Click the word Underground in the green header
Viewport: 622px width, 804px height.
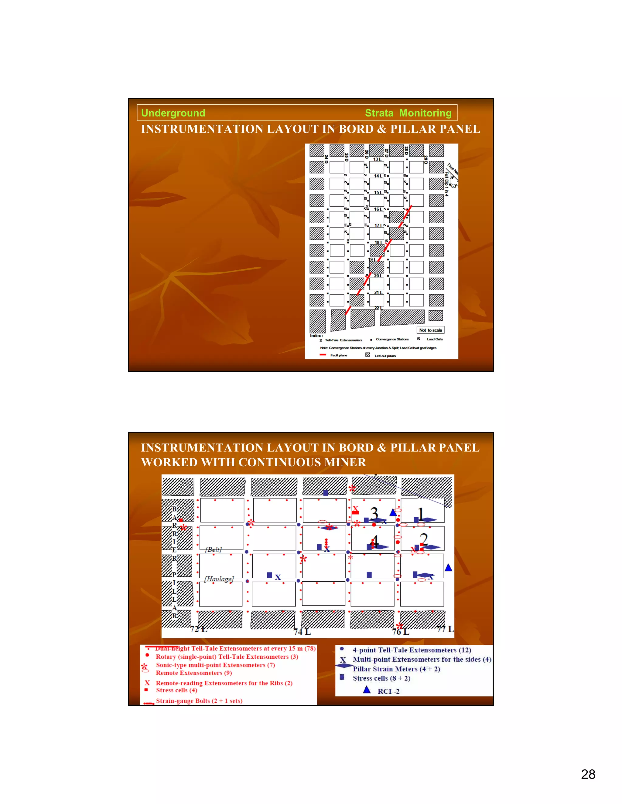(173, 113)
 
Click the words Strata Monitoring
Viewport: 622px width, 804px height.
(408, 113)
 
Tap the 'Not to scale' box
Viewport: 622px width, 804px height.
(430, 330)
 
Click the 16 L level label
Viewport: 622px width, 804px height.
(378, 209)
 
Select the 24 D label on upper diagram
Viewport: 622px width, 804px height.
(326, 159)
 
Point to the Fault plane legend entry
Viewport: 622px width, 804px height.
(338, 355)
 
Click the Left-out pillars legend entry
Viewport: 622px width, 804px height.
(385, 356)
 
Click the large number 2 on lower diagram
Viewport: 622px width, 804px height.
(424, 539)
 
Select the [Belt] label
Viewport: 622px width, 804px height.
(213, 550)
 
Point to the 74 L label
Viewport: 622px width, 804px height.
(302, 632)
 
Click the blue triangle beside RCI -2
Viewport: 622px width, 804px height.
(367, 690)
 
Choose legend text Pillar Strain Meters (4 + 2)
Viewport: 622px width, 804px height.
(396, 669)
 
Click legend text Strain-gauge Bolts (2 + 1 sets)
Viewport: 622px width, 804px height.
(199, 701)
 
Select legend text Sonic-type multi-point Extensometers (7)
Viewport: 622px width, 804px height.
(215, 665)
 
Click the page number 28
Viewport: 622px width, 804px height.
(588, 774)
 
